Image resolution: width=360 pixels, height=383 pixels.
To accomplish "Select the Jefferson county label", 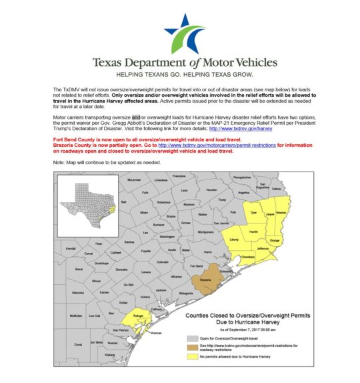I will [263, 248].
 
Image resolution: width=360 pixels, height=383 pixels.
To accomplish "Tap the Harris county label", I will [207, 252].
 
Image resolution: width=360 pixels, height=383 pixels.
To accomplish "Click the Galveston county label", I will [227, 272].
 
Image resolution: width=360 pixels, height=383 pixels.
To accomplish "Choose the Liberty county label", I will [234, 239].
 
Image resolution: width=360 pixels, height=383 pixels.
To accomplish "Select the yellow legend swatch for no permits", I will [193, 358].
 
